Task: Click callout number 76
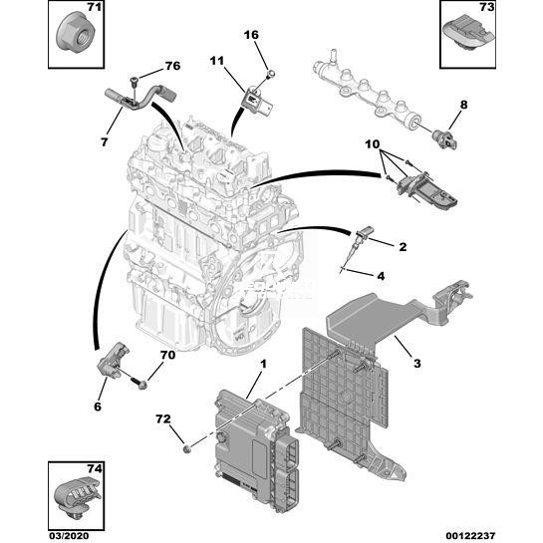pyautogui.click(x=172, y=66)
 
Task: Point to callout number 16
pyautogui.click(x=251, y=35)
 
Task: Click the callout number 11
pyautogui.click(x=217, y=61)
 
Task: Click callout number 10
pyautogui.click(x=373, y=143)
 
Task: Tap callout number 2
pyautogui.click(x=403, y=247)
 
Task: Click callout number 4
pyautogui.click(x=381, y=276)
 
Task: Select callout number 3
pyautogui.click(x=416, y=364)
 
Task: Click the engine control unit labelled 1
pyautogui.click(x=256, y=450)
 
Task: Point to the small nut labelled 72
pyautogui.click(x=187, y=449)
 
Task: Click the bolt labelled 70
pyautogui.click(x=138, y=383)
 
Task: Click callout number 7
pyautogui.click(x=104, y=142)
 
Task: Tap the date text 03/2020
pyautogui.click(x=68, y=535)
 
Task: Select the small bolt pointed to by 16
pyautogui.click(x=271, y=74)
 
